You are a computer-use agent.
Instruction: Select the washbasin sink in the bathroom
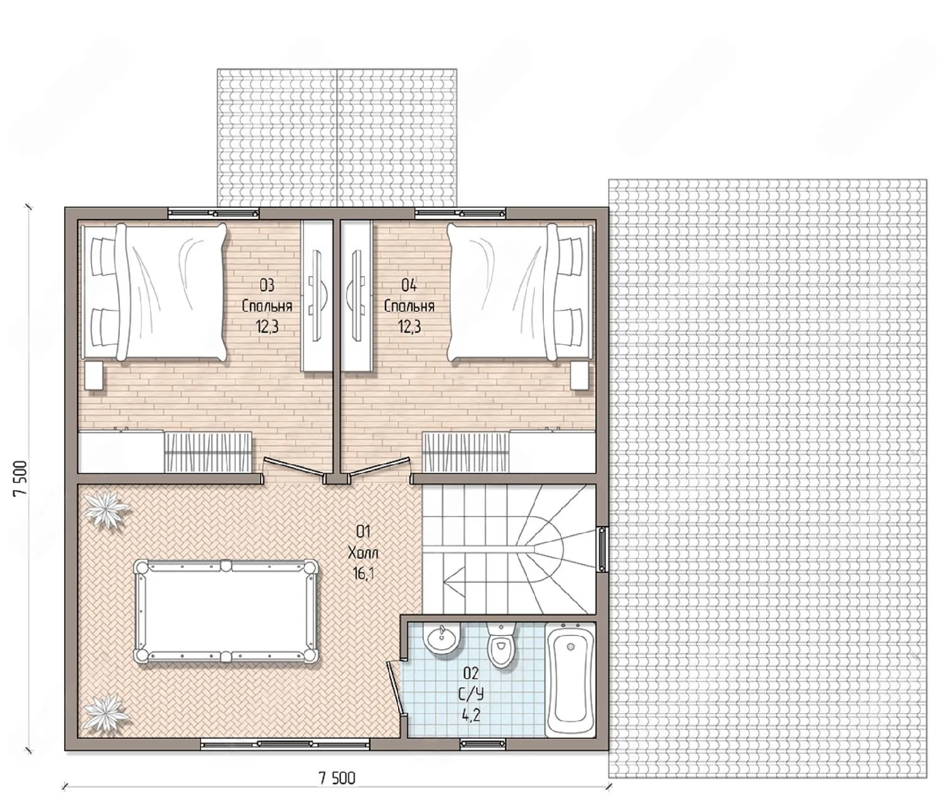coord(441,638)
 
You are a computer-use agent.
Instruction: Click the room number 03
coord(267,286)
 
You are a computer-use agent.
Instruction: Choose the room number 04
coord(409,286)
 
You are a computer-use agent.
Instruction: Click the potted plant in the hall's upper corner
coord(108,508)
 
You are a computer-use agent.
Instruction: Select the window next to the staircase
coord(602,549)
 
